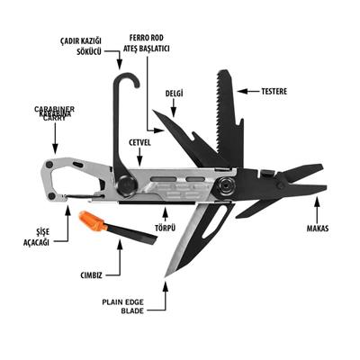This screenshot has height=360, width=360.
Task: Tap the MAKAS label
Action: pos(317,228)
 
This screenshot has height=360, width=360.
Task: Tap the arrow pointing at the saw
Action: pos(247,90)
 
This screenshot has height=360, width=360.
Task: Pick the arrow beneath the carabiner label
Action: pos(55,140)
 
